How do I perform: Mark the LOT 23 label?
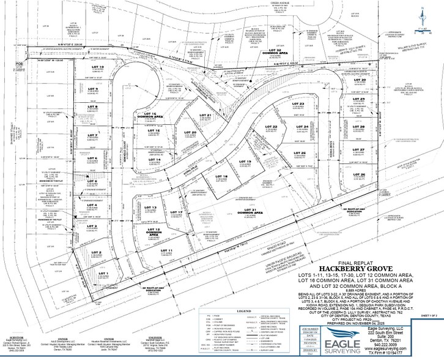[x=298, y=105]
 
